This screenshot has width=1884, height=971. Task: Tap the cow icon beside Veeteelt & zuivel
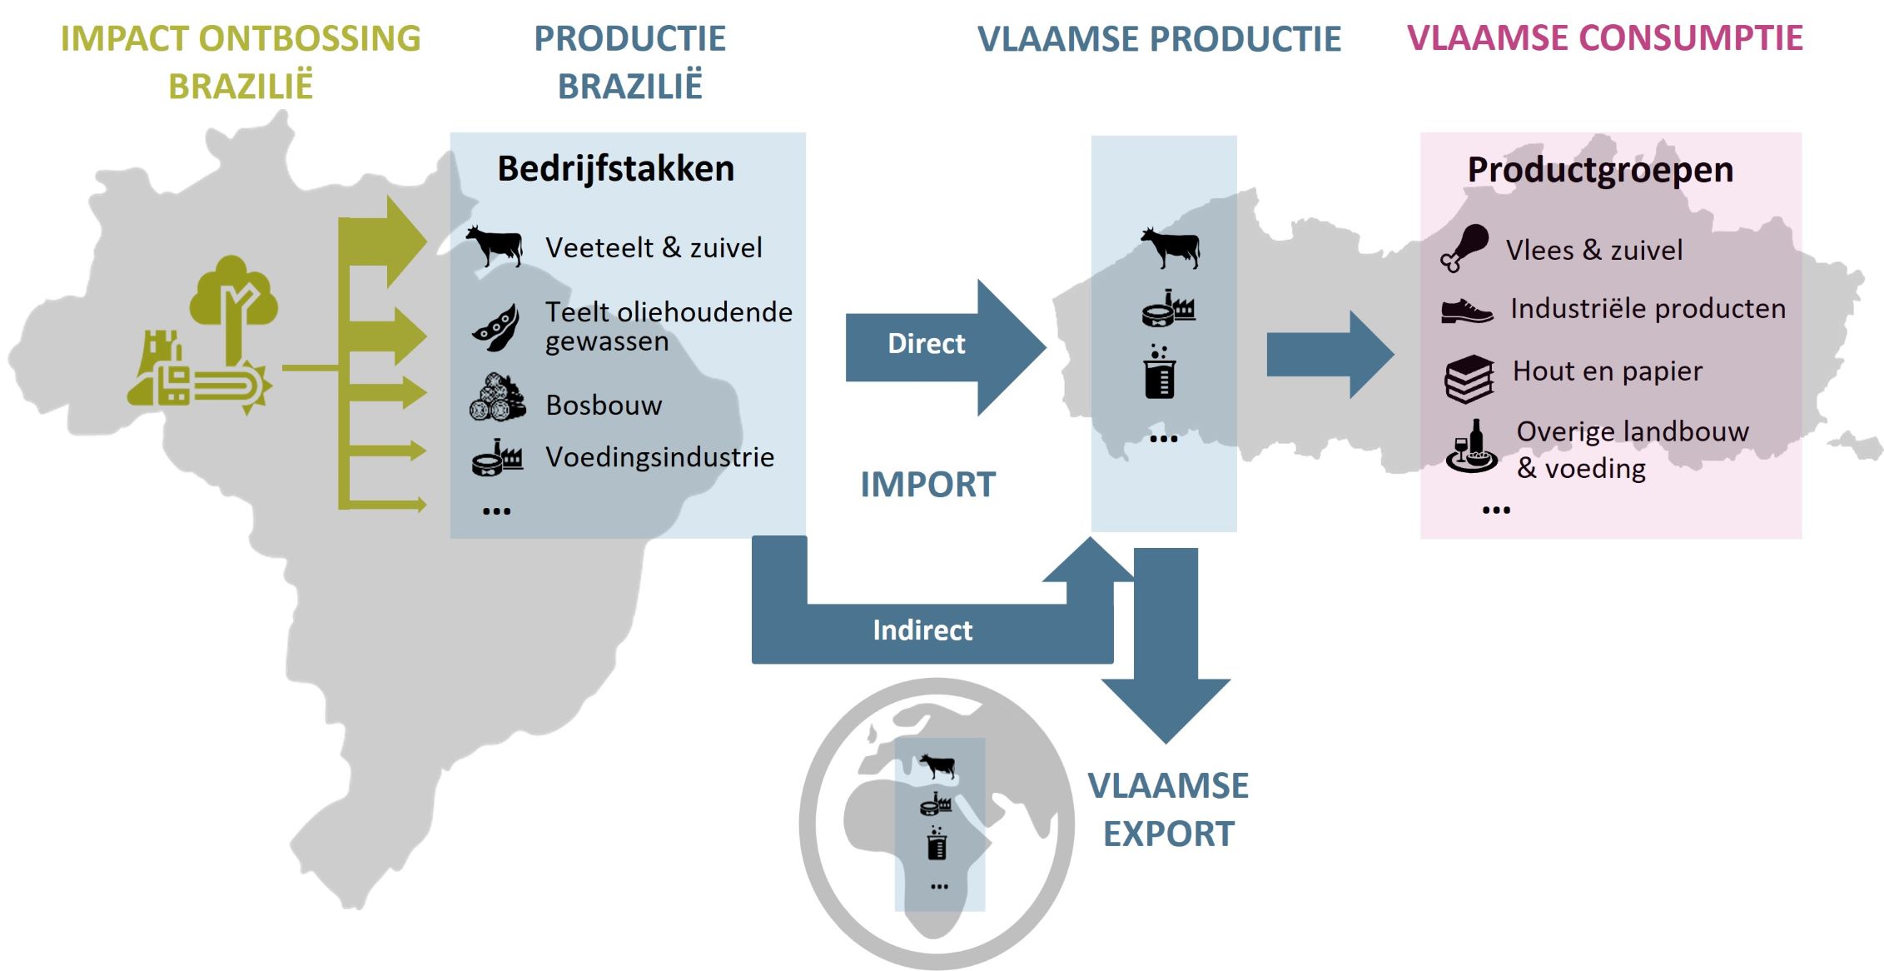pos(495,246)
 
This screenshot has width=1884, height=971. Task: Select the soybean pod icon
pos(496,327)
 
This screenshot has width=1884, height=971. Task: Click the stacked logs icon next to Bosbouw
pos(497,398)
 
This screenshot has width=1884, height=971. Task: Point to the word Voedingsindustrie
pos(659,457)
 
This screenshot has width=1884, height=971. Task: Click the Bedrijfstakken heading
pos(615,168)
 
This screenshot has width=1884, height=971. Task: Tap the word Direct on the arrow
pos(926,344)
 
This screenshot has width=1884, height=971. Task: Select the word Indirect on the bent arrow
pos(922,630)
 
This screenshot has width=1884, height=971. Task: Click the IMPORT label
pos(927,485)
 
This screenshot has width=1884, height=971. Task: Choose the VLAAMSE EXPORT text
pos(1168,809)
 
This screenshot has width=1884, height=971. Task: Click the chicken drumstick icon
pos(1464,247)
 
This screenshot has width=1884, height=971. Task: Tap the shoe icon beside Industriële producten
pos(1466,311)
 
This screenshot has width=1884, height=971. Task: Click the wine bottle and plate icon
pos(1471,447)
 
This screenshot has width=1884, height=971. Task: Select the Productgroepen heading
pos(1599,170)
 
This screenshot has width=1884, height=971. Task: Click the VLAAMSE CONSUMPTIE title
pos(1604,38)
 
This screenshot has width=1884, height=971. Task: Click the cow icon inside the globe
pos(937,765)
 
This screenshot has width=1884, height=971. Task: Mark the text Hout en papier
pos(1607,371)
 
